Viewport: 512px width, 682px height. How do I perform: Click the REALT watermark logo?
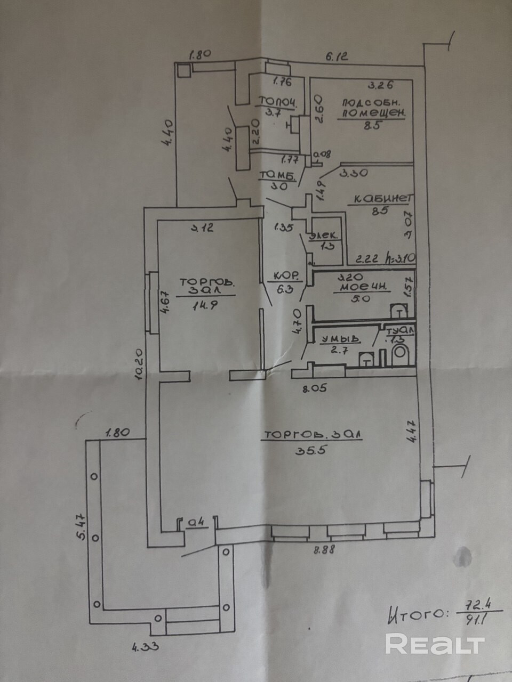point(434,644)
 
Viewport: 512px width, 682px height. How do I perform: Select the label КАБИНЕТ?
point(381,199)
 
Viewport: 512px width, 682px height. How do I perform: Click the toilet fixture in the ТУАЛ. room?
point(399,354)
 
